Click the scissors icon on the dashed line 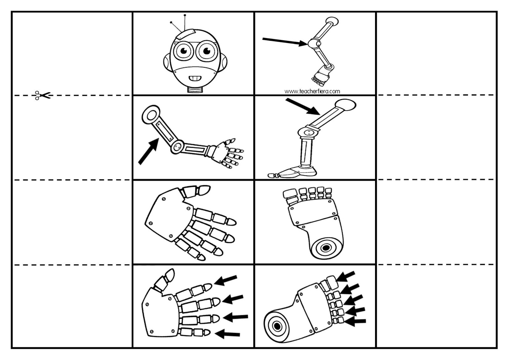click(43, 95)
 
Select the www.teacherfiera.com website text click(312, 91)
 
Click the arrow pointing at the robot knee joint click(284, 41)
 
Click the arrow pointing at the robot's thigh click(303, 107)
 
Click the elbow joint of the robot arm click(177, 147)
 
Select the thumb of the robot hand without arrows click(197, 191)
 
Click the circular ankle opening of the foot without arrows click(325, 248)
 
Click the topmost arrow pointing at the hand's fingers click(226, 280)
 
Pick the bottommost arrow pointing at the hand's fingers click(227, 334)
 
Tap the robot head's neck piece click(195, 89)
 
